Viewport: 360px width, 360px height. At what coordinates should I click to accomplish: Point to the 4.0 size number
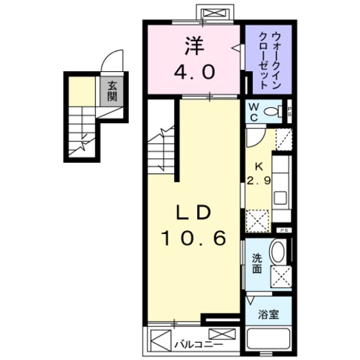[x=196, y=73]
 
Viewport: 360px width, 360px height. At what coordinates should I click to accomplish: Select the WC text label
[x=253, y=112]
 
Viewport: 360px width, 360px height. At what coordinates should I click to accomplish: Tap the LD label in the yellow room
[x=193, y=212]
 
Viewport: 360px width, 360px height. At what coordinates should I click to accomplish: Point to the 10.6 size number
[x=192, y=239]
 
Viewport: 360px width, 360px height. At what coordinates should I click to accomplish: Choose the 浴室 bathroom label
[x=269, y=314]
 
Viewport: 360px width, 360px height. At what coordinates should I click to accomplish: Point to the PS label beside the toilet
[x=289, y=112]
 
